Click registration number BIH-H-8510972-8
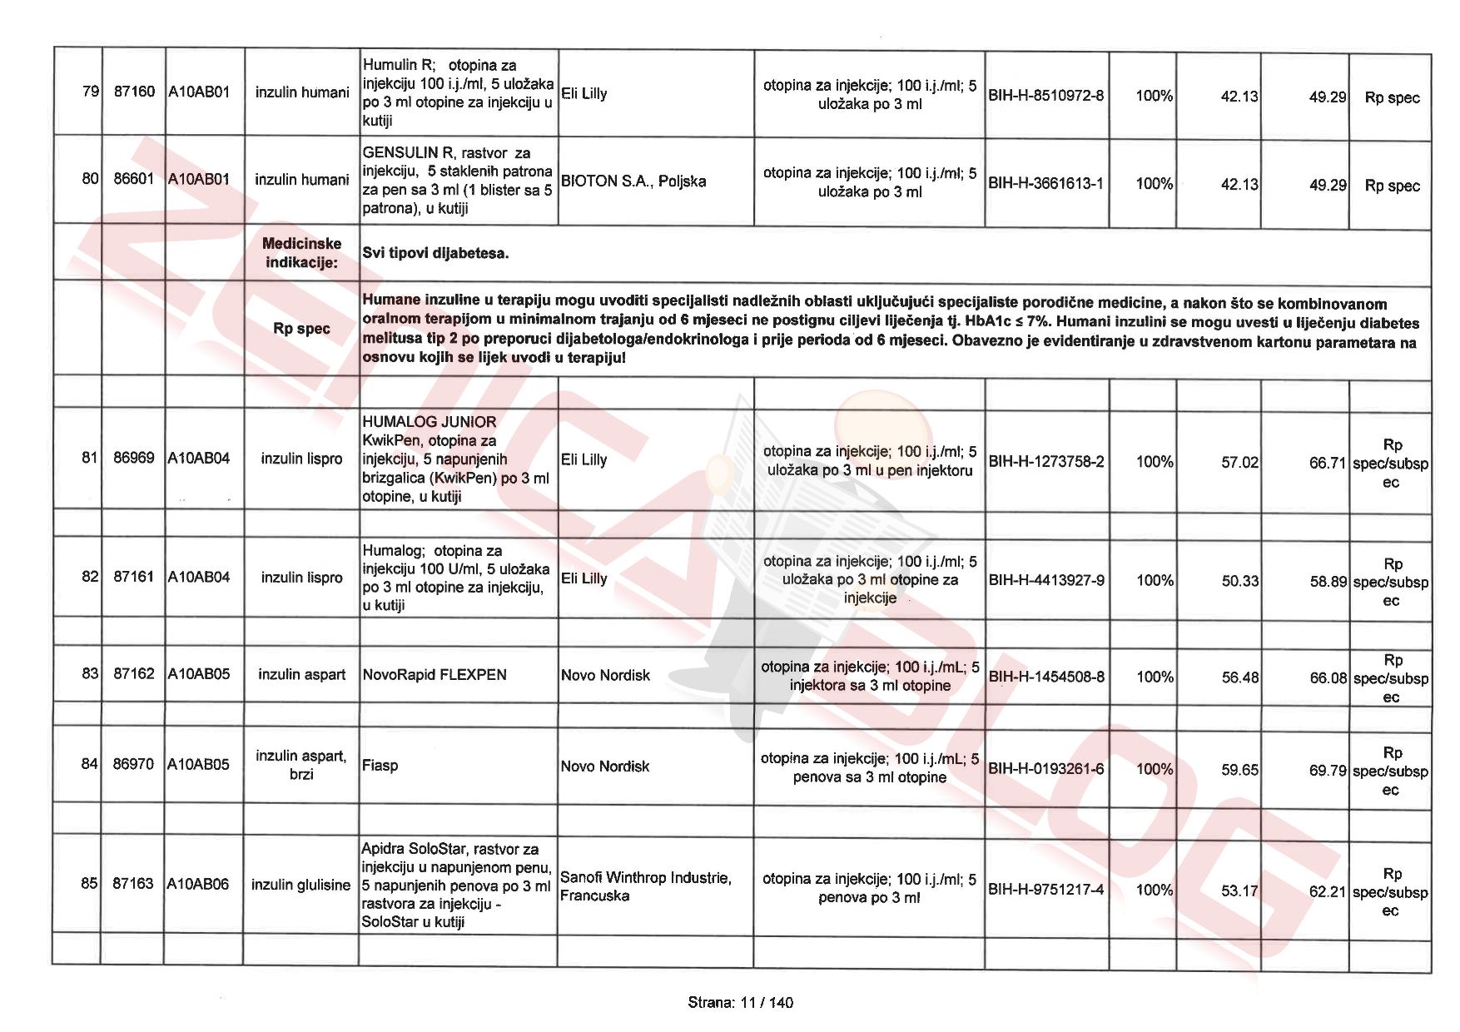click(x=1045, y=96)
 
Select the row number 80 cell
click(x=90, y=179)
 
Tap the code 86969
click(x=133, y=458)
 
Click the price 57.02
click(x=1239, y=463)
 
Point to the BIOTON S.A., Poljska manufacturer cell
click(x=633, y=181)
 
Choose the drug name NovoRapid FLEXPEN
click(x=435, y=675)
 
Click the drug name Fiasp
click(x=380, y=766)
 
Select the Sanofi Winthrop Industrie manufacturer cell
click(x=646, y=886)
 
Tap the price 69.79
click(x=1327, y=771)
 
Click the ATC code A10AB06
click(x=198, y=884)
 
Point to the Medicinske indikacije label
click(x=301, y=253)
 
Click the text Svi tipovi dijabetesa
click(x=435, y=253)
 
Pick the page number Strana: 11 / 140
click(x=740, y=1003)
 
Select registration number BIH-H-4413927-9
click(x=1046, y=580)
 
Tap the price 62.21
click(x=1327, y=892)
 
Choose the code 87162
click(x=133, y=673)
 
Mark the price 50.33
click(x=1239, y=581)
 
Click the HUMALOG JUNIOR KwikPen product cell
click(x=457, y=459)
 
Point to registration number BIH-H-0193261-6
click(x=1045, y=769)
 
